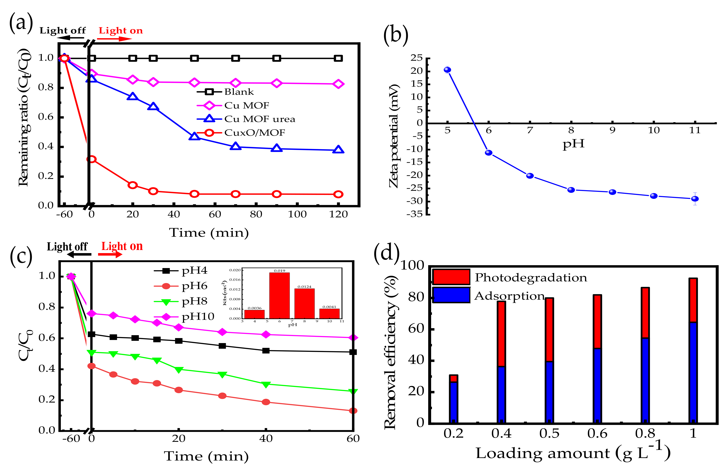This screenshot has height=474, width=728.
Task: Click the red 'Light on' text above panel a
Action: pos(121,31)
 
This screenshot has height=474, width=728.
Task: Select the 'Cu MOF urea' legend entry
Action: pos(259,119)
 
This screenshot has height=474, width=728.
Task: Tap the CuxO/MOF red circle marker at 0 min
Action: pos(91,159)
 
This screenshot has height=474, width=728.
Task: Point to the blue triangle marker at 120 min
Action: pos(338,150)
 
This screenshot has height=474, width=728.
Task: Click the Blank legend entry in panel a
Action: pos(239,92)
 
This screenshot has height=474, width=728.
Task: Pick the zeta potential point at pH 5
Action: pos(447,70)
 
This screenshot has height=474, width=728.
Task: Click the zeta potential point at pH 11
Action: pos(695,199)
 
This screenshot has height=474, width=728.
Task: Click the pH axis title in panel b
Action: pos(573,144)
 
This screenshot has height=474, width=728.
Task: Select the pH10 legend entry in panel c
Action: pos(198,316)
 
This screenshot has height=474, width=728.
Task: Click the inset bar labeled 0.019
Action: pos(279,295)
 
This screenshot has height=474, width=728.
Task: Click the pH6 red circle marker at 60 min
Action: pos(353,411)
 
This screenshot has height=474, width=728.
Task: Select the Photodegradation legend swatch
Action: pos(451,277)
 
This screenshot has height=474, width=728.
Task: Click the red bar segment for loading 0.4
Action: pos(501,334)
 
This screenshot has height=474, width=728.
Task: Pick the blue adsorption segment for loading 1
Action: pos(693,372)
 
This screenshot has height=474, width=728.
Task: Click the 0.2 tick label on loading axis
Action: pos(453,434)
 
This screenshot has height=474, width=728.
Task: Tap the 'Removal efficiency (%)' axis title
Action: pos(390,352)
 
